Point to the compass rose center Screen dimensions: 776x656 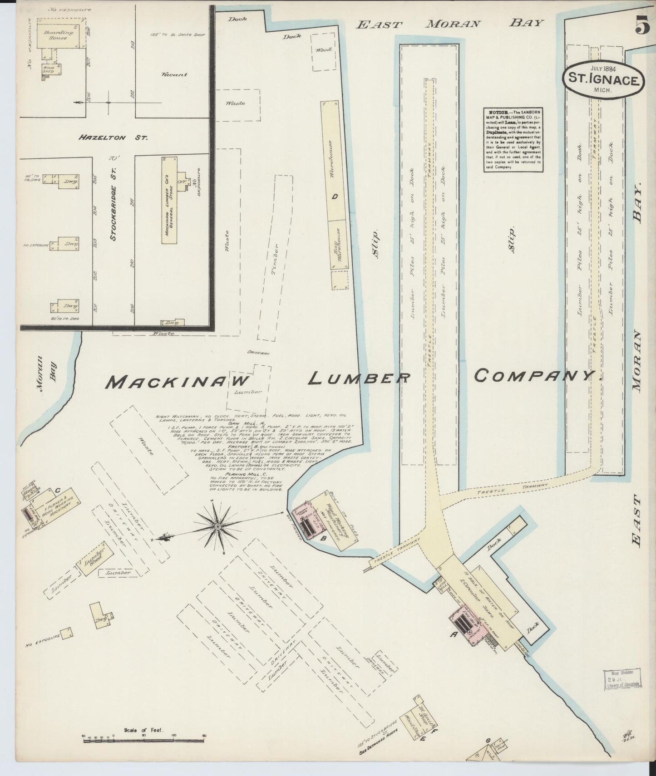(217, 526)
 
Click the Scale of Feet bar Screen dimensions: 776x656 (144, 741)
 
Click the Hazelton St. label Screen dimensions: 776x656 (112, 137)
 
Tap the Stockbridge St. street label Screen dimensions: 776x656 (113, 200)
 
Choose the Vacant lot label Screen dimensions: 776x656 (174, 74)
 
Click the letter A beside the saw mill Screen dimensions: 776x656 (453, 635)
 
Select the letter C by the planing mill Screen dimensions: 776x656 (58, 490)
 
